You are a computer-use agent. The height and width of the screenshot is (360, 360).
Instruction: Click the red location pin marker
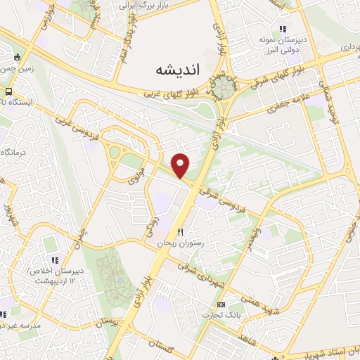coord(181,165)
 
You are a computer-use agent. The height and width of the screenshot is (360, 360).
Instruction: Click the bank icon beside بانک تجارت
coord(221,304)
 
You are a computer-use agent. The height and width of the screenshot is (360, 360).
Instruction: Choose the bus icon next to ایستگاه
coord(8,91)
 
